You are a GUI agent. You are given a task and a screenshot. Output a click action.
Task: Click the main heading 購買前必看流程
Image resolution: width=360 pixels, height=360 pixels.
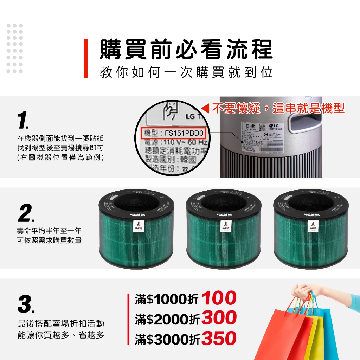[x=186, y=49]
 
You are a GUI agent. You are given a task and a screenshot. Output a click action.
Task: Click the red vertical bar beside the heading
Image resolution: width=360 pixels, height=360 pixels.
[x=85, y=58]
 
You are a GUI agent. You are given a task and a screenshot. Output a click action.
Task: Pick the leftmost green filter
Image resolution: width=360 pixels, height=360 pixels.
[x=136, y=228]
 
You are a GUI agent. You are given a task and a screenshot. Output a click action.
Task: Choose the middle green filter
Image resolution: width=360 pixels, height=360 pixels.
[x=224, y=228]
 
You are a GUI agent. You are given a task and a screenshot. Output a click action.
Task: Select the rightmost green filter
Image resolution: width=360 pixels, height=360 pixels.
[x=311, y=228]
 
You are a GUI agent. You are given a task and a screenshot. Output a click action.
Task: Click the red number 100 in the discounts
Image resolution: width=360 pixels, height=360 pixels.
[x=219, y=298]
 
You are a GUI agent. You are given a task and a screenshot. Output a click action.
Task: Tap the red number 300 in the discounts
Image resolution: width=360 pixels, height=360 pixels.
[x=219, y=318]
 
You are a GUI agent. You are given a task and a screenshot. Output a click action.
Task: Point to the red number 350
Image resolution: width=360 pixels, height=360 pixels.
[x=219, y=339]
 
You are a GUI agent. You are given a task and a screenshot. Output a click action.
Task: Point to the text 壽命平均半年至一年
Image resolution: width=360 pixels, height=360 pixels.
[x=49, y=231]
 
